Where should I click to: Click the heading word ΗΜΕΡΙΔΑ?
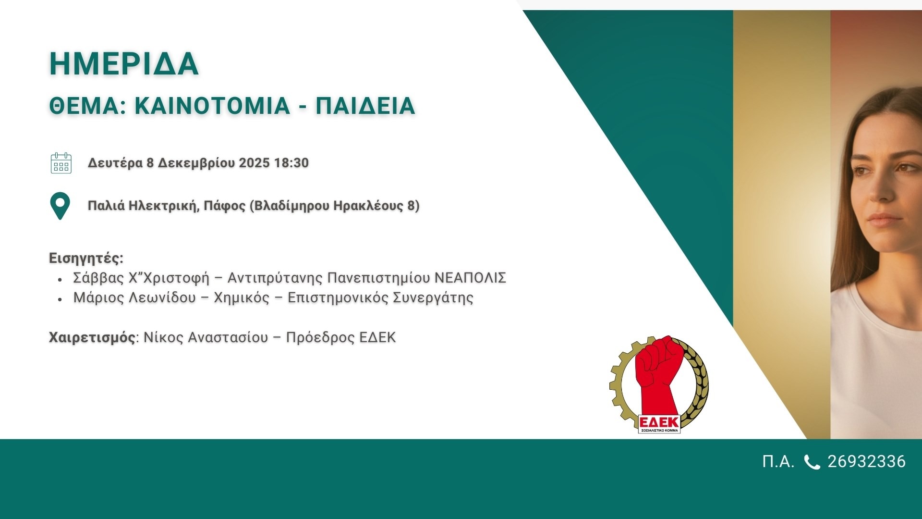point(124,64)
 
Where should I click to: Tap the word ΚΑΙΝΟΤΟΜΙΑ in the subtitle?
point(212,106)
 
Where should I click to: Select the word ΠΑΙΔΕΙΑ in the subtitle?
point(365,106)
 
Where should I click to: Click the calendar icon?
point(61,163)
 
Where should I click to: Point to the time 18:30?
point(291,163)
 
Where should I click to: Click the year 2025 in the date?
point(254,163)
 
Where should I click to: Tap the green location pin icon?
point(60,206)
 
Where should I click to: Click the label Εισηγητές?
point(86,259)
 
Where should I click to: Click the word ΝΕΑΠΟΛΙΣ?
point(470,278)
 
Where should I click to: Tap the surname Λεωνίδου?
point(162,298)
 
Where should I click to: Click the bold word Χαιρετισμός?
point(92,337)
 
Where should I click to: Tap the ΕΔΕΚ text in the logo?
point(659,422)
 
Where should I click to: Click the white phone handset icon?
point(812,462)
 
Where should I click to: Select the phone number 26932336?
point(867,462)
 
